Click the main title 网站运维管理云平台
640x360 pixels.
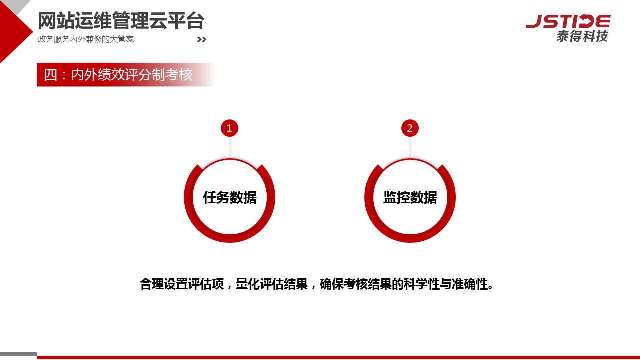(x=121, y=21)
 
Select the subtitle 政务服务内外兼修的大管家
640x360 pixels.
(x=86, y=39)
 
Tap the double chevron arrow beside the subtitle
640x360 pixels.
(x=201, y=39)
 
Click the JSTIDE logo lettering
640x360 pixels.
(x=568, y=21)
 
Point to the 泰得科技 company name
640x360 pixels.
(x=582, y=36)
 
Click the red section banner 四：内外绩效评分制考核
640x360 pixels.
(x=125, y=75)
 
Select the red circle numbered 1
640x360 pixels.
(x=229, y=128)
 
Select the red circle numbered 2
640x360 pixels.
(x=410, y=128)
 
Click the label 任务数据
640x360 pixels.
(x=230, y=197)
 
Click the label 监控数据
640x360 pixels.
(x=410, y=197)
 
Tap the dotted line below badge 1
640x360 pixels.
(x=230, y=147)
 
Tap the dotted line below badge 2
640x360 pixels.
(x=410, y=147)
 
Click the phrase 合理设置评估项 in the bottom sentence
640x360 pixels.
(x=182, y=284)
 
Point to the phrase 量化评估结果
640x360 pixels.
(x=271, y=284)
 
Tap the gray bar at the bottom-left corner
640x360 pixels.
(x=18, y=354)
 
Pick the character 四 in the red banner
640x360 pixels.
(x=51, y=75)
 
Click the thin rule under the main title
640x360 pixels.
(x=122, y=33)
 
